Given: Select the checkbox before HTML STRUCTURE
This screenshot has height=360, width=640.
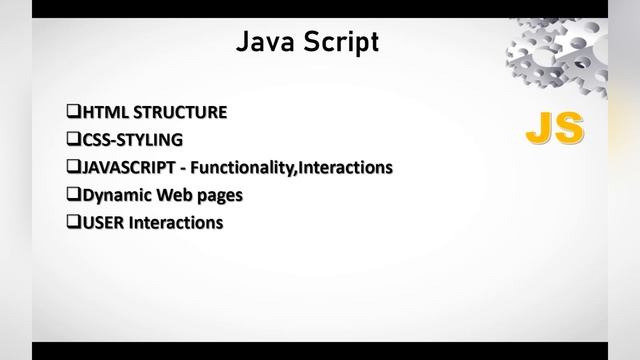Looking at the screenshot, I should pos(72,112).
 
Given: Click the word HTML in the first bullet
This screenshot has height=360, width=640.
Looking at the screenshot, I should pos(103,112).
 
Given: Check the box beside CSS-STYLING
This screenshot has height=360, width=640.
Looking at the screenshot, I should pos(72,140).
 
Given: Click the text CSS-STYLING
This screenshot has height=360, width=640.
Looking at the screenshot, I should pos(131,140).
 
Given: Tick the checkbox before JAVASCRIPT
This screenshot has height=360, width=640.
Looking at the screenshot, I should pos(72,167).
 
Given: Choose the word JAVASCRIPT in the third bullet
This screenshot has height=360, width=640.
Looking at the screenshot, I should pos(128,167).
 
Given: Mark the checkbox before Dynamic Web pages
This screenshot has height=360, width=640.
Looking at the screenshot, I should pos(72,194).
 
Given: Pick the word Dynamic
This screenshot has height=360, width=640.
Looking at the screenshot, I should pos(111,194).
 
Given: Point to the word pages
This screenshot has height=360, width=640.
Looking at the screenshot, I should pos(216,195).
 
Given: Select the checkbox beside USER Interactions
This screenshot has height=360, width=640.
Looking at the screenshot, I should pos(72,222).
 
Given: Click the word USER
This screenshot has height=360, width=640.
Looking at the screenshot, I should pos(101,222).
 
